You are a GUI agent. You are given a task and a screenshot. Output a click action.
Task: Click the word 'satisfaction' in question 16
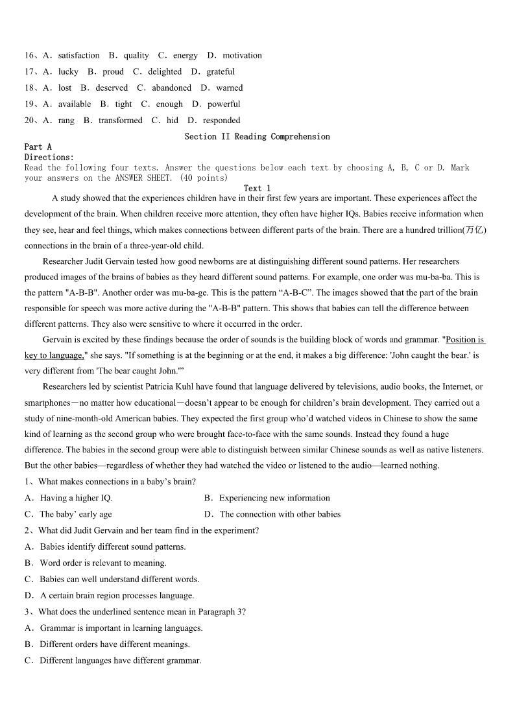click(x=78, y=56)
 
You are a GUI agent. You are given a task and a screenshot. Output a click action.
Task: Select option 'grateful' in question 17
click(x=221, y=72)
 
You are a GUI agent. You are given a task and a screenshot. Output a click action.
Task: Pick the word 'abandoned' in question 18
click(x=171, y=88)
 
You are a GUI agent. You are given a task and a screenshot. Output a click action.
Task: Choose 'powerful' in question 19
click(x=224, y=104)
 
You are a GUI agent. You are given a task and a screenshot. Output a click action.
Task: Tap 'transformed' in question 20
click(x=120, y=121)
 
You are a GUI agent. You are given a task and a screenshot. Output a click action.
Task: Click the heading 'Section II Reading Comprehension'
click(x=257, y=137)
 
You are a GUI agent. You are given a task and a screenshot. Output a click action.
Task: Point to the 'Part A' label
click(x=38, y=147)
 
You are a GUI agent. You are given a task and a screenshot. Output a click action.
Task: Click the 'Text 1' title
click(x=257, y=188)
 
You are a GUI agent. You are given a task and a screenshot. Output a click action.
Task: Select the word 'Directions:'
click(x=49, y=158)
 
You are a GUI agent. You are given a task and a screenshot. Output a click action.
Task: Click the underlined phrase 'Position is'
click(x=466, y=340)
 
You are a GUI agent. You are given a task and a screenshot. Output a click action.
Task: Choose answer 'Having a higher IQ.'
click(x=76, y=499)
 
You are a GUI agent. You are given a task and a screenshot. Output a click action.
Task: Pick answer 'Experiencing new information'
click(x=274, y=499)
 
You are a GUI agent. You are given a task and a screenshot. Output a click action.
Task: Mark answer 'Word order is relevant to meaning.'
click(x=102, y=563)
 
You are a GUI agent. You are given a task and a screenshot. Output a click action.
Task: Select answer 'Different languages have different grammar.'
click(x=120, y=661)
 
